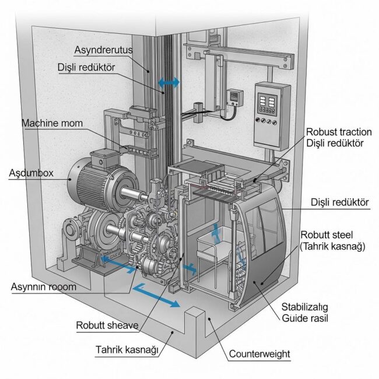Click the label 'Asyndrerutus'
pos(103,50)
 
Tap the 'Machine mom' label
pos(52,124)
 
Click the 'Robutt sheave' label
pos(107,325)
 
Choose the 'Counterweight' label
pos(259,353)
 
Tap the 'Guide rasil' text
pos(305,318)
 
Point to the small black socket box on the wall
pos(234,97)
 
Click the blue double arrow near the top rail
pos(169,84)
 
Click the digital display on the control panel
pos(268,100)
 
